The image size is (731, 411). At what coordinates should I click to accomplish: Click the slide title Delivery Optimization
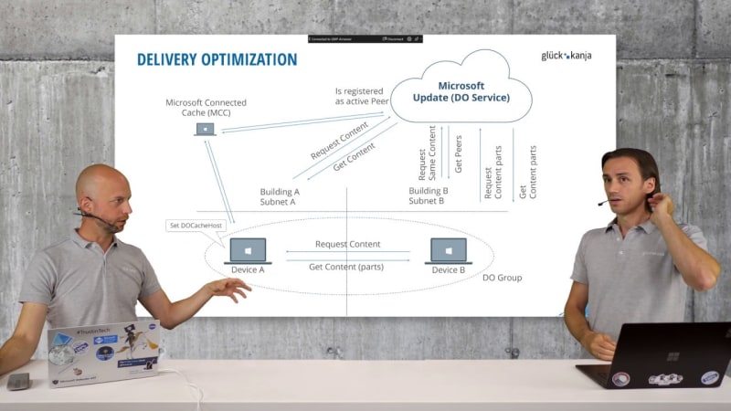[x=217, y=60]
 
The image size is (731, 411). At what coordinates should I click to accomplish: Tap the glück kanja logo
[x=566, y=56]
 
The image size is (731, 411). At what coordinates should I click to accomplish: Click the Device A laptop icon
[x=247, y=251]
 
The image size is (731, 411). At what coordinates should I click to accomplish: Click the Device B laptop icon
[x=448, y=251]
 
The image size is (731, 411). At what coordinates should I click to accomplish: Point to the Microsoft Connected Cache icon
[x=206, y=129]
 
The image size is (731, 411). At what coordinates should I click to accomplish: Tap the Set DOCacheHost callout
[x=196, y=226]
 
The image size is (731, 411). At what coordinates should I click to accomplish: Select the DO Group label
[x=502, y=277]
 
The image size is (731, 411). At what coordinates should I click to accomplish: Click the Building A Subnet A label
[x=280, y=196]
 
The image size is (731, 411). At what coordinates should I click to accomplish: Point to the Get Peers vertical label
[x=458, y=152]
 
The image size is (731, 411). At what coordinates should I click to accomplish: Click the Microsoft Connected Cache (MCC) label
[x=206, y=108]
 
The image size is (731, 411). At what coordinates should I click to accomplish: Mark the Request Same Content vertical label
[x=428, y=152]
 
